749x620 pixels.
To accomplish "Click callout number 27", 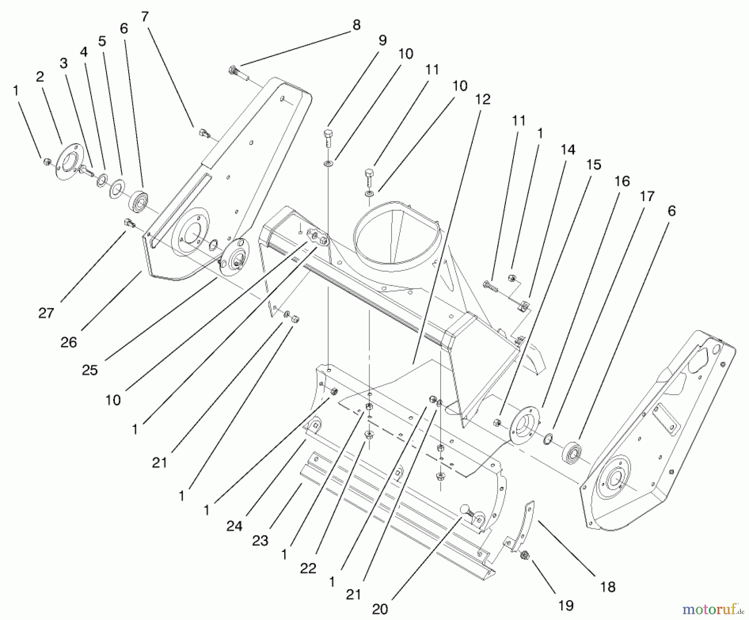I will click(x=46, y=313).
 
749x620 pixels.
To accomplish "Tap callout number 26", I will click(x=69, y=342).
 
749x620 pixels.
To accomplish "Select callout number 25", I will click(x=90, y=370).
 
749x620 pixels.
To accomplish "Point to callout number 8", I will click(x=356, y=25).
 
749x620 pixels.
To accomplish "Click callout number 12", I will click(x=483, y=99).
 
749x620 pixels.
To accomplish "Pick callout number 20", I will click(x=379, y=609).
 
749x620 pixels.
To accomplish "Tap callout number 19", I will click(x=566, y=605).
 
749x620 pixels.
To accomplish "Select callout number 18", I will click(x=608, y=587).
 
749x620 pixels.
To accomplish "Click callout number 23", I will click(x=260, y=541).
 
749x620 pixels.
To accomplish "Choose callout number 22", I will click(x=308, y=568).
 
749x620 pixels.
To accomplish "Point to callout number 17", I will click(x=647, y=196).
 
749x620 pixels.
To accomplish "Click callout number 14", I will click(x=568, y=149).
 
